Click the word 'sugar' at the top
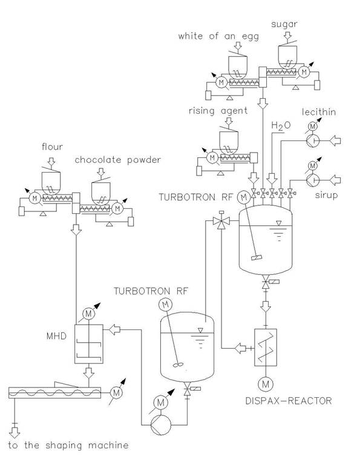point(284,25)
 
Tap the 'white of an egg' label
point(218,36)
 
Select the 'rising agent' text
point(218,111)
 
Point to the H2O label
point(281,125)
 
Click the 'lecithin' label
point(319,112)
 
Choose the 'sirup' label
point(326,195)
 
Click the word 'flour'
point(52,147)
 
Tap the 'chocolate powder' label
point(118,160)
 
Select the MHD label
point(56,335)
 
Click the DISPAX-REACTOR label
point(289,401)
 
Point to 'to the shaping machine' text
point(68,445)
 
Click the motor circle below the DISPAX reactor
point(266,384)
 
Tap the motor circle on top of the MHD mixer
point(88,314)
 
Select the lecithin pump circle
point(313,141)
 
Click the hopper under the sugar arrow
point(287,58)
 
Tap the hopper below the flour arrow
point(51,183)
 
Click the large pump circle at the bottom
point(161,425)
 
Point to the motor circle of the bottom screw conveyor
point(116,392)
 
